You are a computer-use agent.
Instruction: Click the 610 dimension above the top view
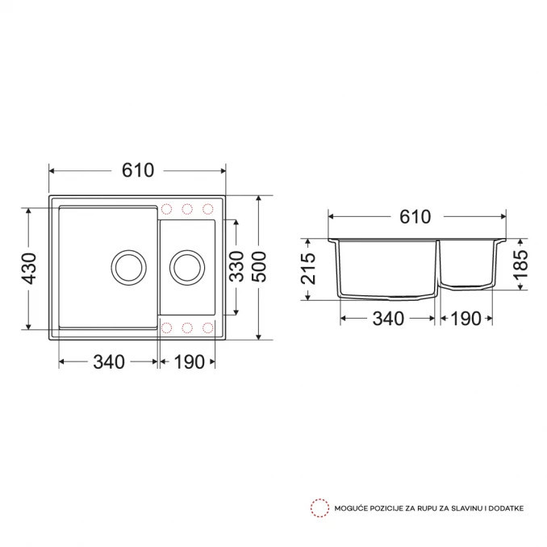pyautogui.click(x=138, y=170)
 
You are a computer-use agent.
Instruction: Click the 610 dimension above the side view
pyautogui.click(x=415, y=217)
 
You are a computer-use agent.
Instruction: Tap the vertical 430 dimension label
pyautogui.click(x=28, y=269)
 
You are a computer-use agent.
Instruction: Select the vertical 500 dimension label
pyautogui.click(x=259, y=266)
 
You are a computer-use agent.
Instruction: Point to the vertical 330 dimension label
pyautogui.click(x=237, y=266)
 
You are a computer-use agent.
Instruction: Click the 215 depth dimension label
pyautogui.click(x=308, y=269)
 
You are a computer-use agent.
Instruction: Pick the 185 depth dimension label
pyautogui.click(x=521, y=264)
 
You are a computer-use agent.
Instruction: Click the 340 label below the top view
pyautogui.click(x=109, y=361)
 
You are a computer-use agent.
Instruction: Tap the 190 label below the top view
pyautogui.click(x=189, y=361)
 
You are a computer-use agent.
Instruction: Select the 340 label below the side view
pyautogui.click(x=388, y=319)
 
